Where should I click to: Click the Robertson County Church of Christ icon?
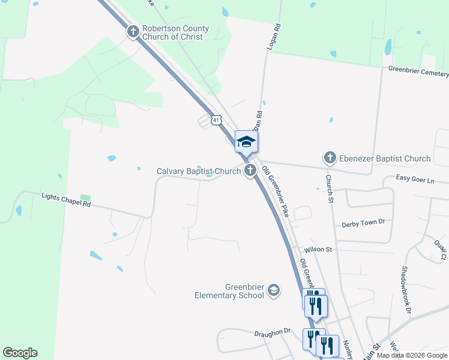pos(133,32)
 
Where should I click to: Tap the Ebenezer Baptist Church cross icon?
pos(329,158)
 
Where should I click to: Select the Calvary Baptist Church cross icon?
pos(250,171)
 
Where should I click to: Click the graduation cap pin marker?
pos(246,142)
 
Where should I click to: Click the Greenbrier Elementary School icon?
pos(274,290)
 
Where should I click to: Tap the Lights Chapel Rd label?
pos(65,200)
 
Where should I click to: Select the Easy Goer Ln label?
pos(415,178)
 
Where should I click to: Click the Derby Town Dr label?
pos(363,223)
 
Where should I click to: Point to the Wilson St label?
pos(317,249)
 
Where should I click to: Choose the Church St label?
pos(329,188)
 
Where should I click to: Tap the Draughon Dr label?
pos(272,331)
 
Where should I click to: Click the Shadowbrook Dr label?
pos(406,290)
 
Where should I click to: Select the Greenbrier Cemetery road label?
pos(418,71)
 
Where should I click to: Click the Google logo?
pos(20,353)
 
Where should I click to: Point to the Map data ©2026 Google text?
pos(412,355)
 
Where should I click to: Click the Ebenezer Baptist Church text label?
pos(384,158)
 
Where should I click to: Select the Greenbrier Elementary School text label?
pos(229,291)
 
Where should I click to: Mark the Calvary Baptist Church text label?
pos(199,171)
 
